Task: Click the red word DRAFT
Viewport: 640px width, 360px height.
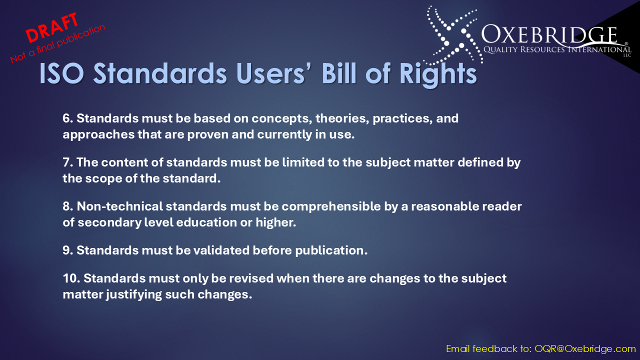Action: click(x=52, y=27)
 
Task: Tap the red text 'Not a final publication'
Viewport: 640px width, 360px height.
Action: click(x=57, y=43)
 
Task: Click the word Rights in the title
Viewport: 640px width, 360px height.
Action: click(x=438, y=74)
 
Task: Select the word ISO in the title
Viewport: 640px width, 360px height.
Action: click(x=61, y=73)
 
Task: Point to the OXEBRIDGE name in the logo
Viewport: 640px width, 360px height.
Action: click(x=549, y=35)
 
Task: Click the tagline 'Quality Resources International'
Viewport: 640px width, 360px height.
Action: click(x=557, y=49)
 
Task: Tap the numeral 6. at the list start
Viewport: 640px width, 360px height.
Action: click(x=68, y=118)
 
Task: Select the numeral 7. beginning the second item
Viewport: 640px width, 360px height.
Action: click(x=68, y=162)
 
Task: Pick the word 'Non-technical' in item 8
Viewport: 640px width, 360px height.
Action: click(x=119, y=206)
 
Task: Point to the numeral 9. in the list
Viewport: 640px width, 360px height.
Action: click(x=68, y=250)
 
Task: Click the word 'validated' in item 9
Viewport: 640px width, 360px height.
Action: click(x=221, y=250)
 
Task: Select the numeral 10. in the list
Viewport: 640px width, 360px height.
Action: click(x=71, y=278)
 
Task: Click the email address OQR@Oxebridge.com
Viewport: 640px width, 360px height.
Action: click(x=585, y=349)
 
